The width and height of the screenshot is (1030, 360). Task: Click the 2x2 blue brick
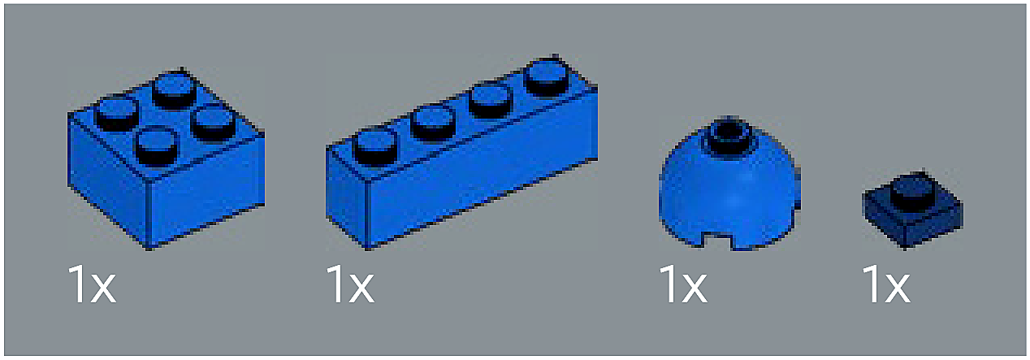pyautogui.click(x=166, y=161)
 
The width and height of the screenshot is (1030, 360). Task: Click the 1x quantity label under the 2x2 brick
pyautogui.click(x=92, y=284)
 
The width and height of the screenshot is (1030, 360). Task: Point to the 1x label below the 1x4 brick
pyautogui.click(x=350, y=284)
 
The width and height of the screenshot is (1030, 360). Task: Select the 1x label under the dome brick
pyautogui.click(x=683, y=284)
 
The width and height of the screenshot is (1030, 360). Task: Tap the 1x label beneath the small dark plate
pyautogui.click(x=886, y=284)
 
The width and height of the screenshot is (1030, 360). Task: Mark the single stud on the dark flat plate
pyautogui.click(x=913, y=191)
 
